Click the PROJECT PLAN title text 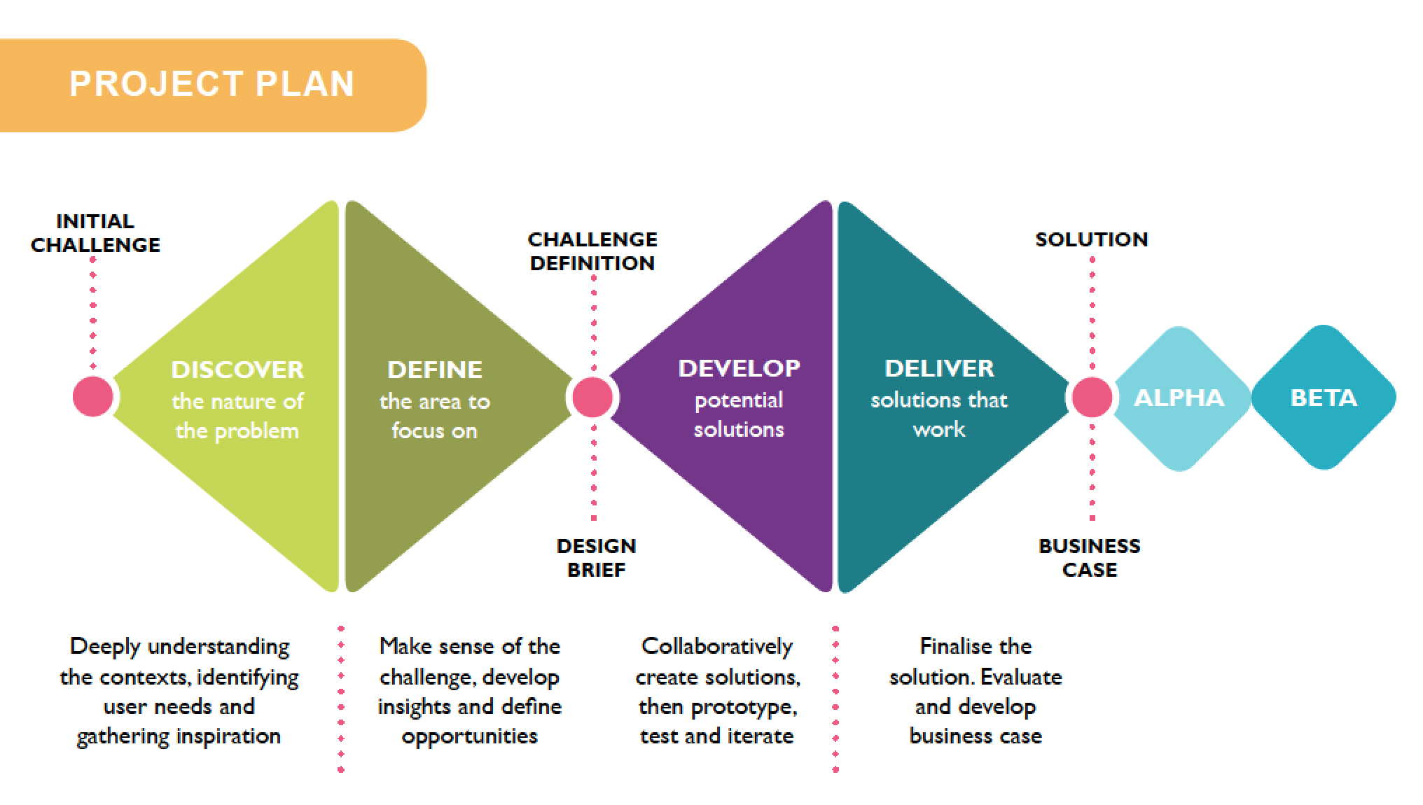tap(211, 84)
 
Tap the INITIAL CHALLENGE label tap(95, 233)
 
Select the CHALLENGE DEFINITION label tap(592, 251)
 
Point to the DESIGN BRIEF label tap(596, 558)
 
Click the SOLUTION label tap(1092, 239)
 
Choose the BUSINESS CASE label tap(1090, 558)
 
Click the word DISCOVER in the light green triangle tap(237, 370)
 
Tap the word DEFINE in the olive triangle tap(435, 370)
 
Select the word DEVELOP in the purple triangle tap(739, 368)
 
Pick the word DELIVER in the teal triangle tap(939, 368)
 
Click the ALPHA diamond tap(1180, 398)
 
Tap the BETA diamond tap(1324, 398)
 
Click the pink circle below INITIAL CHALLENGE tap(93, 396)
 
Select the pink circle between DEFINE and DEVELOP tap(592, 397)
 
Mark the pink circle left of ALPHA tap(1092, 397)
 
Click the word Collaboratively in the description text tap(717, 646)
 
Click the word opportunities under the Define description tap(469, 737)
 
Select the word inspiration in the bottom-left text tap(229, 737)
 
